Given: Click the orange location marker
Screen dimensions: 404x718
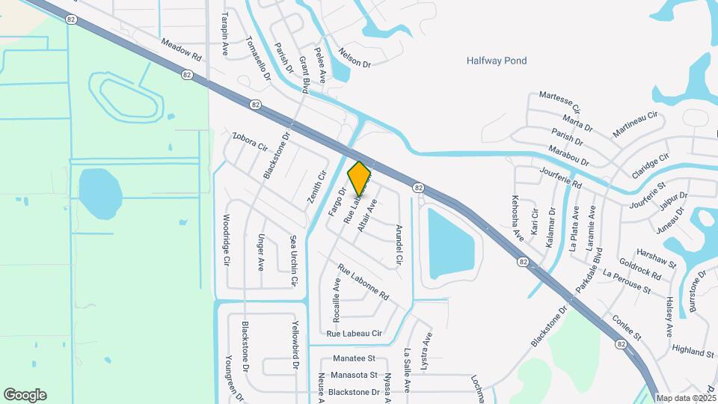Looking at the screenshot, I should coord(360,178).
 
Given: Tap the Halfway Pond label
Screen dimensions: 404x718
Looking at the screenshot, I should coord(496,61).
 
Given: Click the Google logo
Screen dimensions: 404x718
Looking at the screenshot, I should coord(25,395).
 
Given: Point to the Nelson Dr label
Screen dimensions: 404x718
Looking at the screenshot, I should coord(355,59).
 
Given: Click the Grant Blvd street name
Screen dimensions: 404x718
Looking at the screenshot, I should coord(304,74).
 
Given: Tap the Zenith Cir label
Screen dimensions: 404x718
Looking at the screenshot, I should coord(318,188).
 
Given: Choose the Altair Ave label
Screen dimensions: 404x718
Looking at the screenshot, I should coord(367,215).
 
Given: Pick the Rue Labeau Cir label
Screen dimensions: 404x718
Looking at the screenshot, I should coord(355,333).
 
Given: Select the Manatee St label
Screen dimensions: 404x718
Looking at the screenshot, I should coord(354,359).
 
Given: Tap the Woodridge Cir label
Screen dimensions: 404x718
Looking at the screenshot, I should coord(225,241).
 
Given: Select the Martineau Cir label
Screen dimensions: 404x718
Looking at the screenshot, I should coord(634,124).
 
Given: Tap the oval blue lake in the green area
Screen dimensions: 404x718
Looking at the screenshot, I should coord(99,193).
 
